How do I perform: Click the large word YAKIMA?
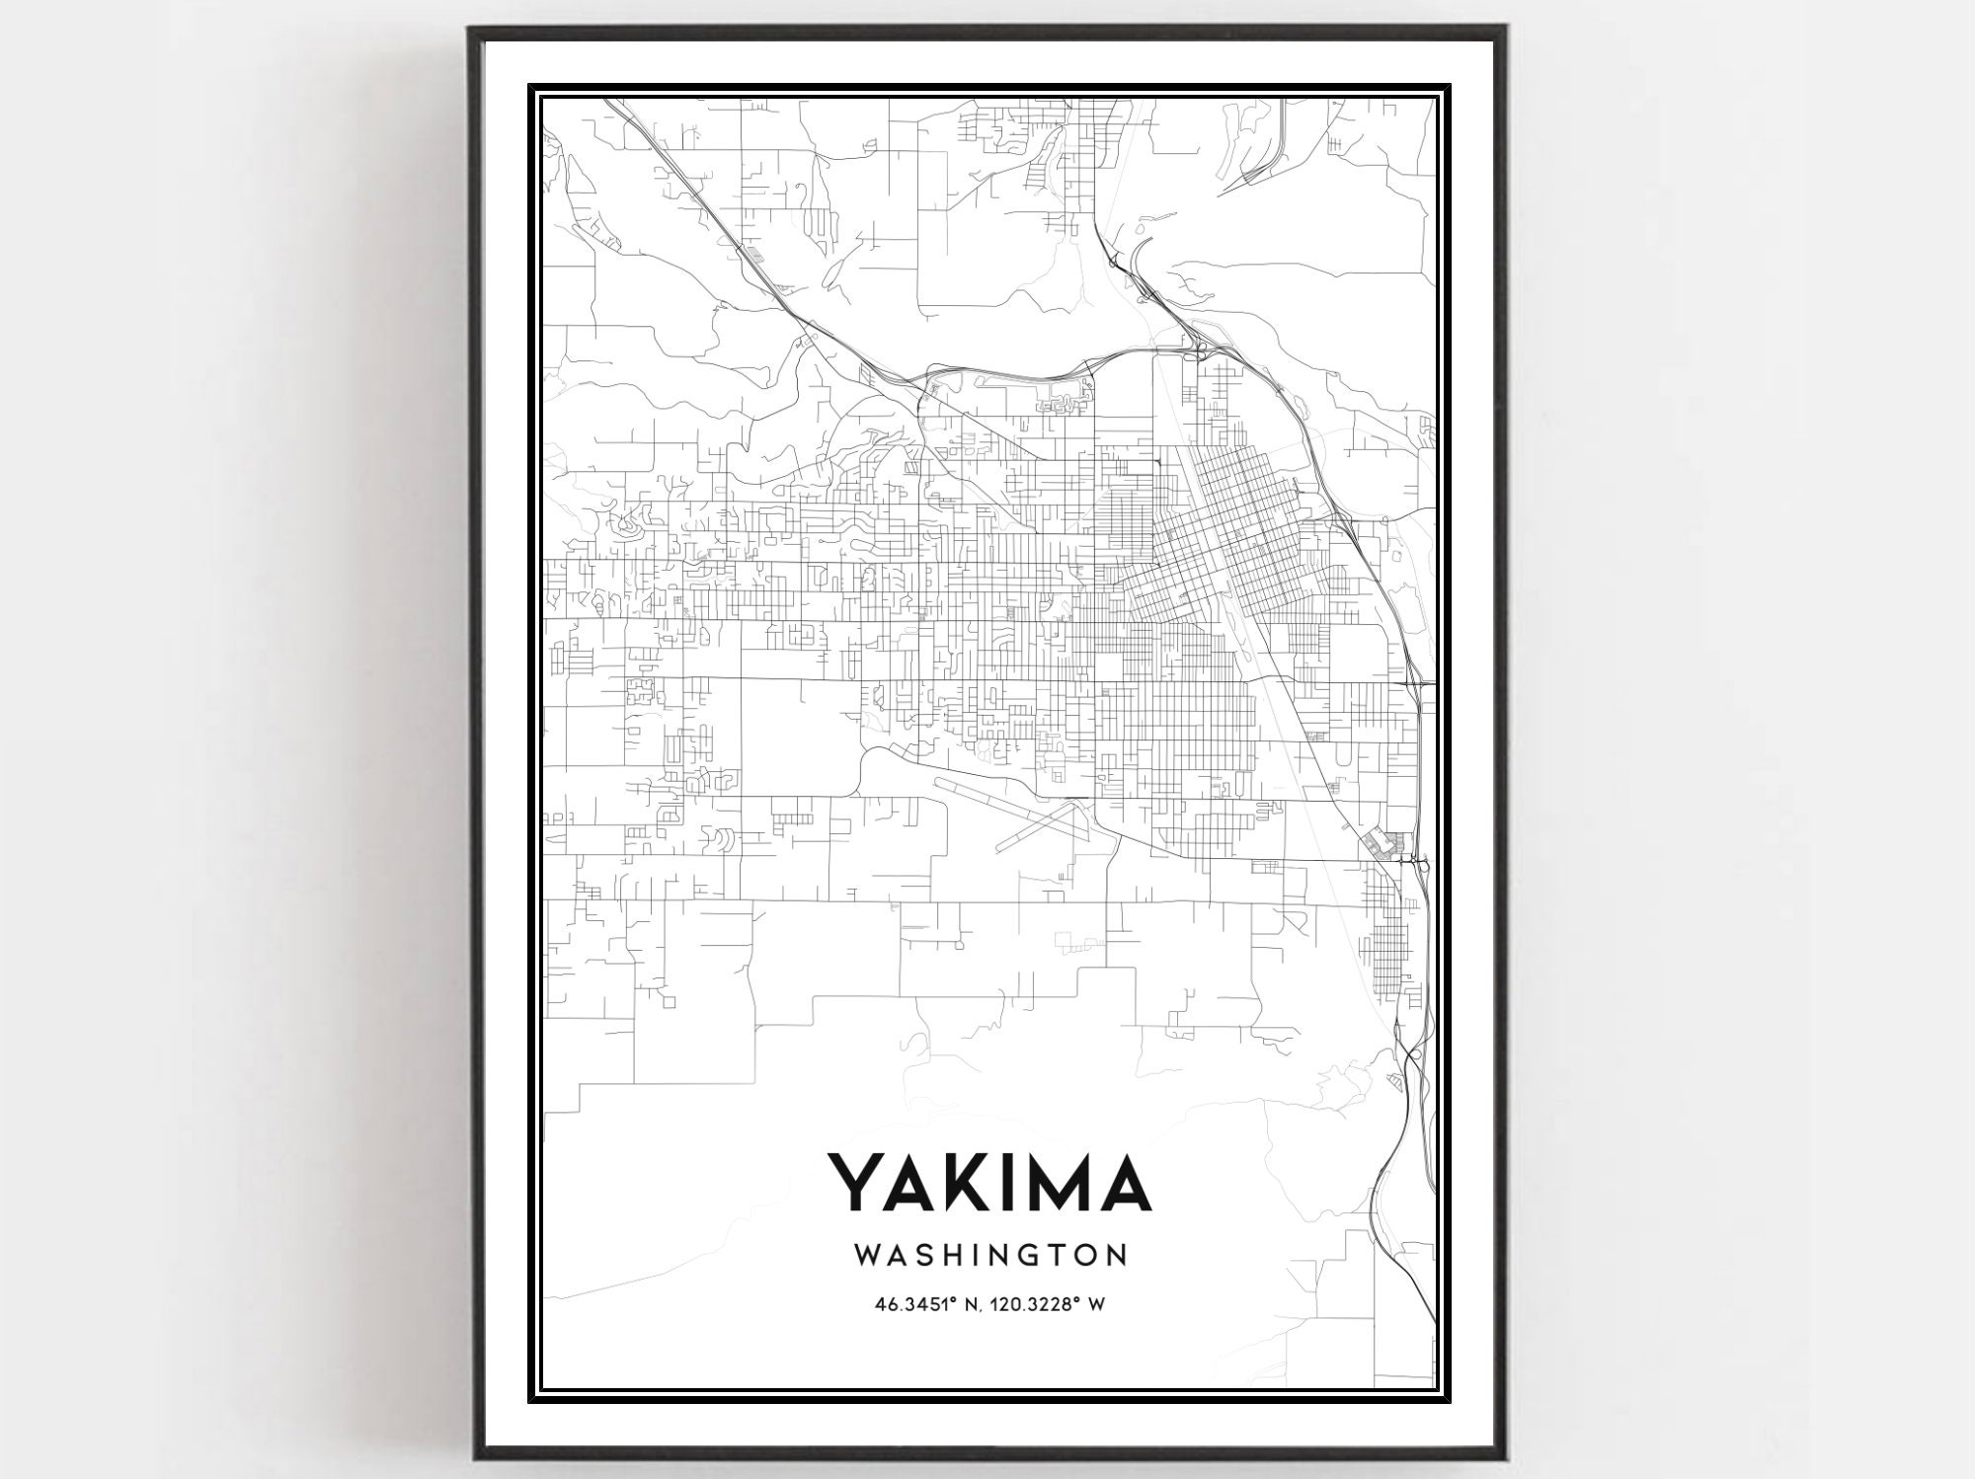(988, 1181)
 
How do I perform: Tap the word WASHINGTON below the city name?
(989, 1255)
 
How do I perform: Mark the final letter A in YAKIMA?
(1121, 1181)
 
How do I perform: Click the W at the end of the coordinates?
(1096, 1304)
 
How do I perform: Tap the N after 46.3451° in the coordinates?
(972, 1304)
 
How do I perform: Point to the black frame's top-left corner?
(470, 28)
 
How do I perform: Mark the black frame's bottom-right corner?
(1506, 1457)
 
